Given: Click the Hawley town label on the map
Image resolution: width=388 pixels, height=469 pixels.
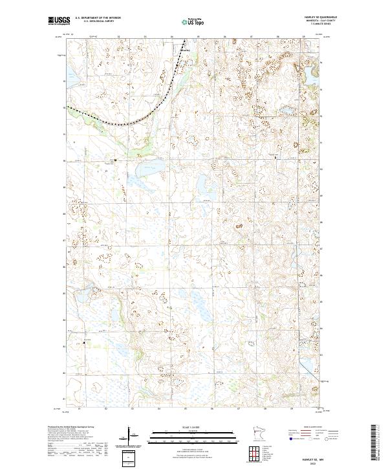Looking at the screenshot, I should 186,50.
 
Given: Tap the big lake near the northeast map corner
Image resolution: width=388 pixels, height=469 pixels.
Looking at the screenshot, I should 315,83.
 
